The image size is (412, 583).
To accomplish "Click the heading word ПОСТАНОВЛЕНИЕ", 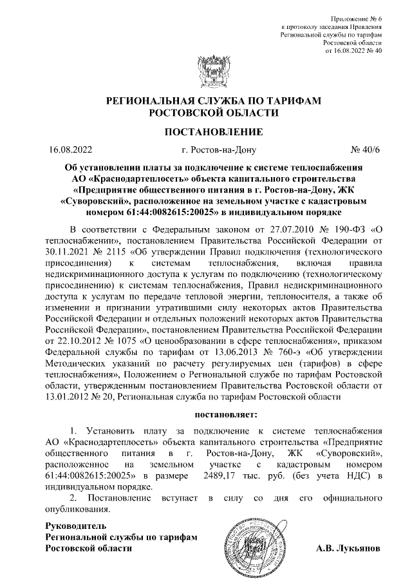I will (x=205, y=133).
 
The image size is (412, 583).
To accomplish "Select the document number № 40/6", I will (x=365, y=152).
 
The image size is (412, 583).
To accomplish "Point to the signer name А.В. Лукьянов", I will (x=348, y=549).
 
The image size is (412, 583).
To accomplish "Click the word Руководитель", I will (x=71, y=526).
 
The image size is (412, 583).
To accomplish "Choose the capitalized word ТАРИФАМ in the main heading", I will (x=298, y=102).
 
